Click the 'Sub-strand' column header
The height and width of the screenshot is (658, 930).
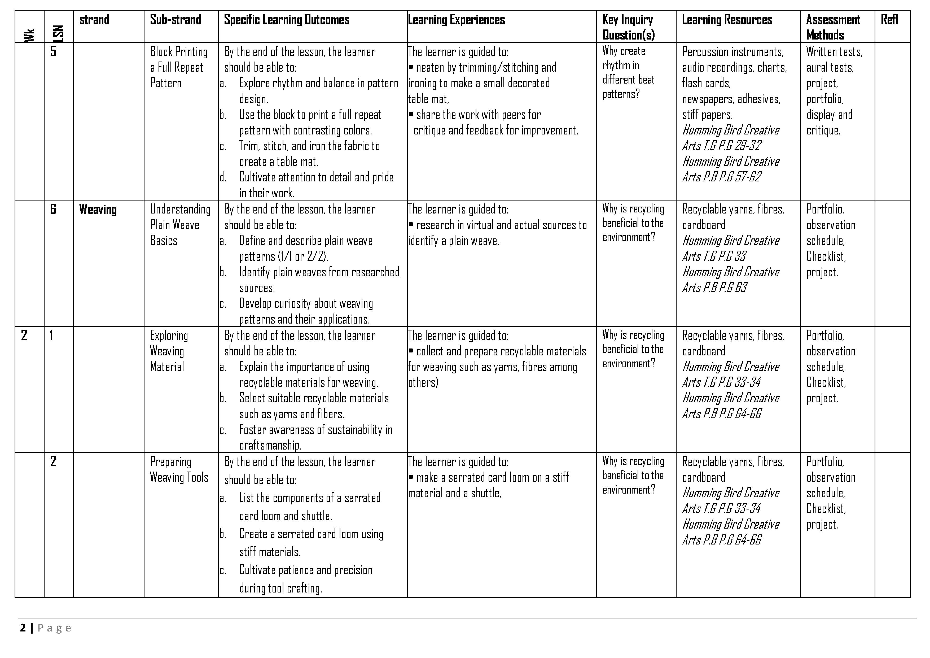pyautogui.click(x=176, y=19)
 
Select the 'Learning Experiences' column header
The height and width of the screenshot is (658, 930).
pyautogui.click(x=457, y=19)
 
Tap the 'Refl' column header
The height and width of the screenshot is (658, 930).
pyautogui.click(x=889, y=19)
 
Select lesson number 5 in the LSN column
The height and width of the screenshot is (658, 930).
pyautogui.click(x=53, y=51)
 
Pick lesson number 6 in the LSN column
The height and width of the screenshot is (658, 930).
pyautogui.click(x=53, y=209)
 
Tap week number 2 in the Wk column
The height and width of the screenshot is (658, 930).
pyautogui.click(x=24, y=335)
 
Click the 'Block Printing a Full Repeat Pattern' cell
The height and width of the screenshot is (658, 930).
pyautogui.click(x=179, y=67)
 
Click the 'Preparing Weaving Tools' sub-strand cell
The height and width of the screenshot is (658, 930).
pyautogui.click(x=179, y=470)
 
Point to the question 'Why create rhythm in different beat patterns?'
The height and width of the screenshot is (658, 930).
pyautogui.click(x=628, y=72)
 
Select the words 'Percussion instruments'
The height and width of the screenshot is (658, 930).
pyautogui.click(x=732, y=52)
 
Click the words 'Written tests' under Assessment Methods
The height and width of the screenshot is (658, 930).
pyautogui.click(x=834, y=52)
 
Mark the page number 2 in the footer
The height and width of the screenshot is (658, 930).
pyautogui.click(x=23, y=628)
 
